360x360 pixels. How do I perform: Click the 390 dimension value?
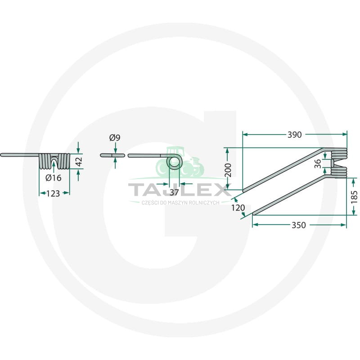294,135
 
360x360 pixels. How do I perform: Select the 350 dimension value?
299,225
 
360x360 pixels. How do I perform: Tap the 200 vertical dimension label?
228,170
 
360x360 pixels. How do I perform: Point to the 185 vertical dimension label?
354,197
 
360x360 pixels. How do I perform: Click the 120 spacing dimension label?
238,208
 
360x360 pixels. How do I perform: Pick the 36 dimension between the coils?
318,164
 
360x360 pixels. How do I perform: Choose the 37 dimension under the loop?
174,192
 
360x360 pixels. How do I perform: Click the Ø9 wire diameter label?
115,138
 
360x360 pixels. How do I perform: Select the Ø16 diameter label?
54,177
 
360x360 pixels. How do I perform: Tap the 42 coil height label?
79,162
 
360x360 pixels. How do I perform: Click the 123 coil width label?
53,193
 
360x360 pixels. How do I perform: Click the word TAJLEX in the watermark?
179,189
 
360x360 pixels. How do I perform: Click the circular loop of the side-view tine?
174,162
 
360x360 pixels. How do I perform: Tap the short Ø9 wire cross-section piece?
112,155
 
